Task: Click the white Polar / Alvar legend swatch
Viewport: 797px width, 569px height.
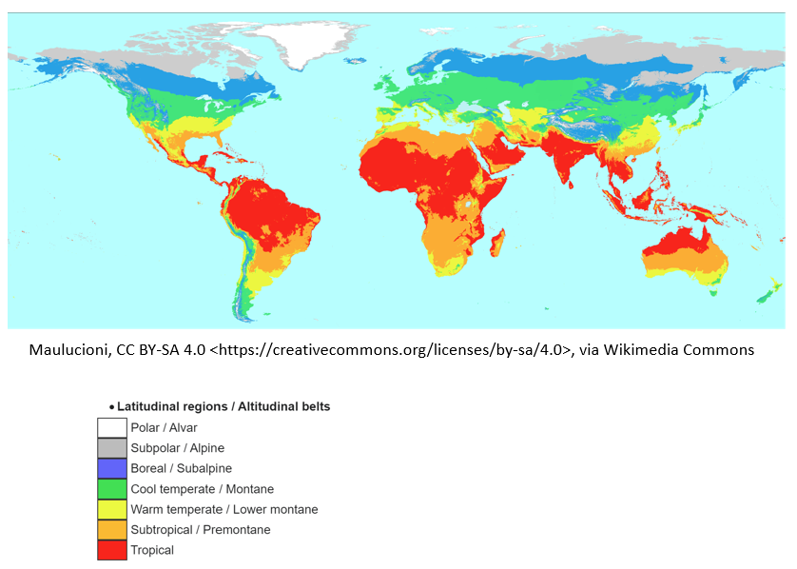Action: tap(111, 428)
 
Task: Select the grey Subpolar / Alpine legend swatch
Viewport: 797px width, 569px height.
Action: tap(111, 448)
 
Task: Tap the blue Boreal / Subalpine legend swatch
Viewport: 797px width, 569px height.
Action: tap(111, 468)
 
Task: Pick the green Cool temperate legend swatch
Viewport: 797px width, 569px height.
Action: tap(111, 489)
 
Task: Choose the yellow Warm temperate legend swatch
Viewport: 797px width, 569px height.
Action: tap(111, 509)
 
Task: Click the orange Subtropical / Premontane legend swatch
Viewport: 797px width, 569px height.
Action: tap(111, 529)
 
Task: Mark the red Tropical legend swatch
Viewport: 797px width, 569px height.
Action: tap(111, 550)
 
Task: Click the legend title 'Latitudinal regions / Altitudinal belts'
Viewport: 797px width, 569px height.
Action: tap(224, 406)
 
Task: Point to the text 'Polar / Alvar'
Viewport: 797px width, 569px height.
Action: tap(164, 428)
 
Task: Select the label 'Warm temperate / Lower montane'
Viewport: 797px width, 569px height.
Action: tap(224, 509)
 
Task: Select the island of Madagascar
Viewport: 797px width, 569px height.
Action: tap(496, 243)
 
